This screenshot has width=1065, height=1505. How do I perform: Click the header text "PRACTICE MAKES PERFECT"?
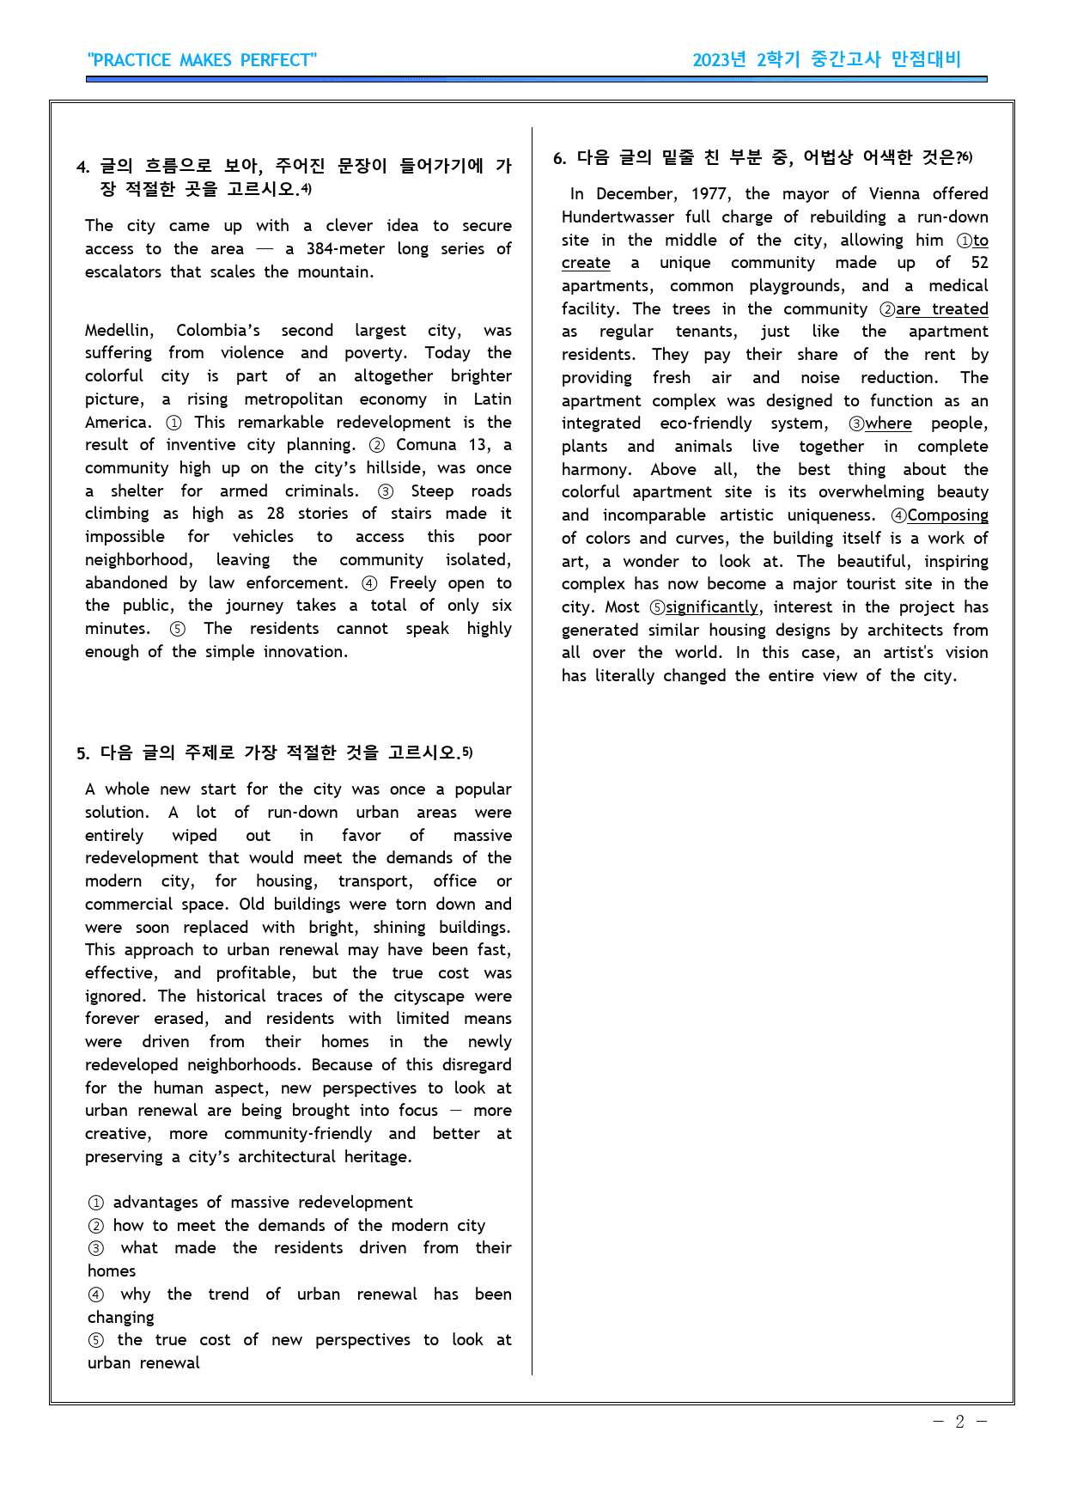tap(202, 60)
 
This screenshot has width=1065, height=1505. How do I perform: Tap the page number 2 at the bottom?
tap(959, 1422)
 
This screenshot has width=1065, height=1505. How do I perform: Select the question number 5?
tap(82, 754)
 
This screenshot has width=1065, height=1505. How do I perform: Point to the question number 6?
tap(559, 158)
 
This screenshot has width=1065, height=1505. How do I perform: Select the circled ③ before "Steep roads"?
tap(386, 491)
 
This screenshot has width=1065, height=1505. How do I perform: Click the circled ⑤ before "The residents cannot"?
tap(177, 629)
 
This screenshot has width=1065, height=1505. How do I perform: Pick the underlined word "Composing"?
tap(947, 515)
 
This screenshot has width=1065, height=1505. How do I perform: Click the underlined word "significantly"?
tap(712, 607)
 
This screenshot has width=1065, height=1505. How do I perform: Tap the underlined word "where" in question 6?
tap(888, 423)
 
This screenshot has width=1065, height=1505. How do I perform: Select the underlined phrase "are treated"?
tap(941, 309)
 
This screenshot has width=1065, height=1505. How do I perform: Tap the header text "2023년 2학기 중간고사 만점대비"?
tap(826, 60)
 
